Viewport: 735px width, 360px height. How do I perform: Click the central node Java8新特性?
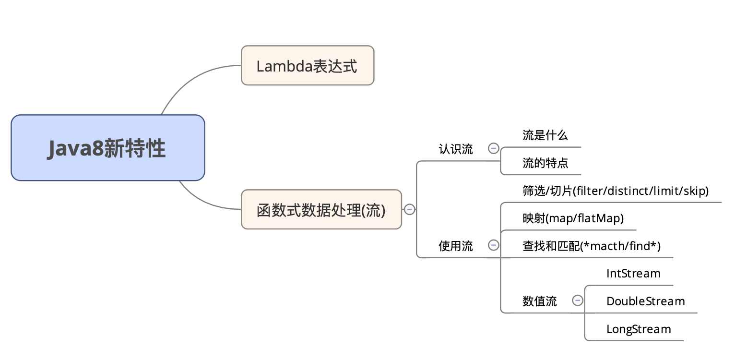[x=108, y=148]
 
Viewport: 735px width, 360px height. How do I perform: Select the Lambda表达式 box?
[x=307, y=66]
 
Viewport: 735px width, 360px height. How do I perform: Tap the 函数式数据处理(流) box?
[x=321, y=210]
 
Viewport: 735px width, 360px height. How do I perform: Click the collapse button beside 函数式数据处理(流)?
[x=409, y=209]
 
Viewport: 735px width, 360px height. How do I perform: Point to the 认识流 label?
[x=455, y=149]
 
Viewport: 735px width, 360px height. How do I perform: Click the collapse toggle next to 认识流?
[x=493, y=148]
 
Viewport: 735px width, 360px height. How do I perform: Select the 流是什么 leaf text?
[x=545, y=135]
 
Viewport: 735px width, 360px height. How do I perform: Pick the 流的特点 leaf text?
[x=545, y=163]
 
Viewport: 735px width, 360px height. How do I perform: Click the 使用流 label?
[x=455, y=246]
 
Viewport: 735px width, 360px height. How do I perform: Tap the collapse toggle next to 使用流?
[x=493, y=245]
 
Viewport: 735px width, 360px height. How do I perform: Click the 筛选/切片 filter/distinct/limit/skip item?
[x=615, y=191]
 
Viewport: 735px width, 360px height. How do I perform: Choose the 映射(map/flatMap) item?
[x=573, y=219]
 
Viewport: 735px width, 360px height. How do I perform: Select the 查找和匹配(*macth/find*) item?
[x=591, y=247]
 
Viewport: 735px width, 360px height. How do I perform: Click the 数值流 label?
[x=539, y=301]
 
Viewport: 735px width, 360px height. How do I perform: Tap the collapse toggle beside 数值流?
[x=578, y=300]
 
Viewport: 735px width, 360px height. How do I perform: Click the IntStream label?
[x=633, y=274]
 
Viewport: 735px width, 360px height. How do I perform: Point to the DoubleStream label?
[x=645, y=301]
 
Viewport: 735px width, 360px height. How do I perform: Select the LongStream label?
[x=638, y=329]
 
